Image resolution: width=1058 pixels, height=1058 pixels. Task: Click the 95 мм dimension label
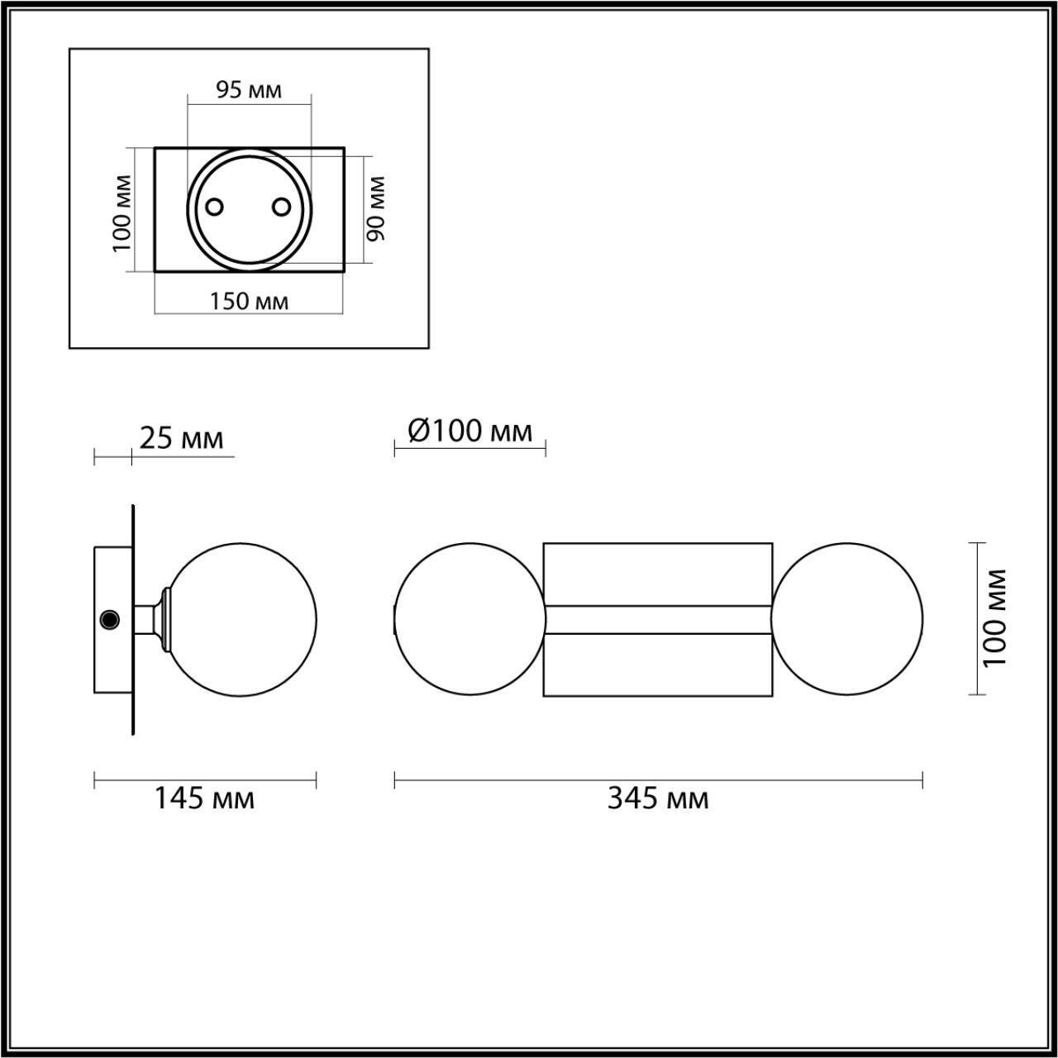coord(249,89)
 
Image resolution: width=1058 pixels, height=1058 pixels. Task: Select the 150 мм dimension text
coord(249,301)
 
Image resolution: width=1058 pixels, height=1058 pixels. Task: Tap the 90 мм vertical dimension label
coord(376,208)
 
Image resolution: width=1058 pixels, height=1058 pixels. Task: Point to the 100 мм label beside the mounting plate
coord(122,212)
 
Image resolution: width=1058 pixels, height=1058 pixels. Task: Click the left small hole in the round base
coord(214,207)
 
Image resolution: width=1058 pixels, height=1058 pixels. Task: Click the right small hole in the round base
coord(282,207)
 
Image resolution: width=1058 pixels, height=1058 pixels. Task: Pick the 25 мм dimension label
coord(181,438)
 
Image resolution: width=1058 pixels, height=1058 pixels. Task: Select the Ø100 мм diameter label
coord(469,430)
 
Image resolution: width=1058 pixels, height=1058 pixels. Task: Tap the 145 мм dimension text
coord(204,798)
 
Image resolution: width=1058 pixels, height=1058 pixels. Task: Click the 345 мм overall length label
coord(658,798)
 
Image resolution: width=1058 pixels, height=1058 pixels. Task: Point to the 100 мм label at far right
coord(996,618)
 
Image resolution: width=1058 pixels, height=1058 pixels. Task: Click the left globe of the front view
coord(469,619)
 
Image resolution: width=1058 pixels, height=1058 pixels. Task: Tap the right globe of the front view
coord(847,619)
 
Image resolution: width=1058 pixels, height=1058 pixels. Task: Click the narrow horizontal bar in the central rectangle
coord(658,619)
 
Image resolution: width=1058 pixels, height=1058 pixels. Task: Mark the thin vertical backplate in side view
coord(132,619)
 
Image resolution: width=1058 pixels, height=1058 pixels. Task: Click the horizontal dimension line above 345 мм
coord(658,779)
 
